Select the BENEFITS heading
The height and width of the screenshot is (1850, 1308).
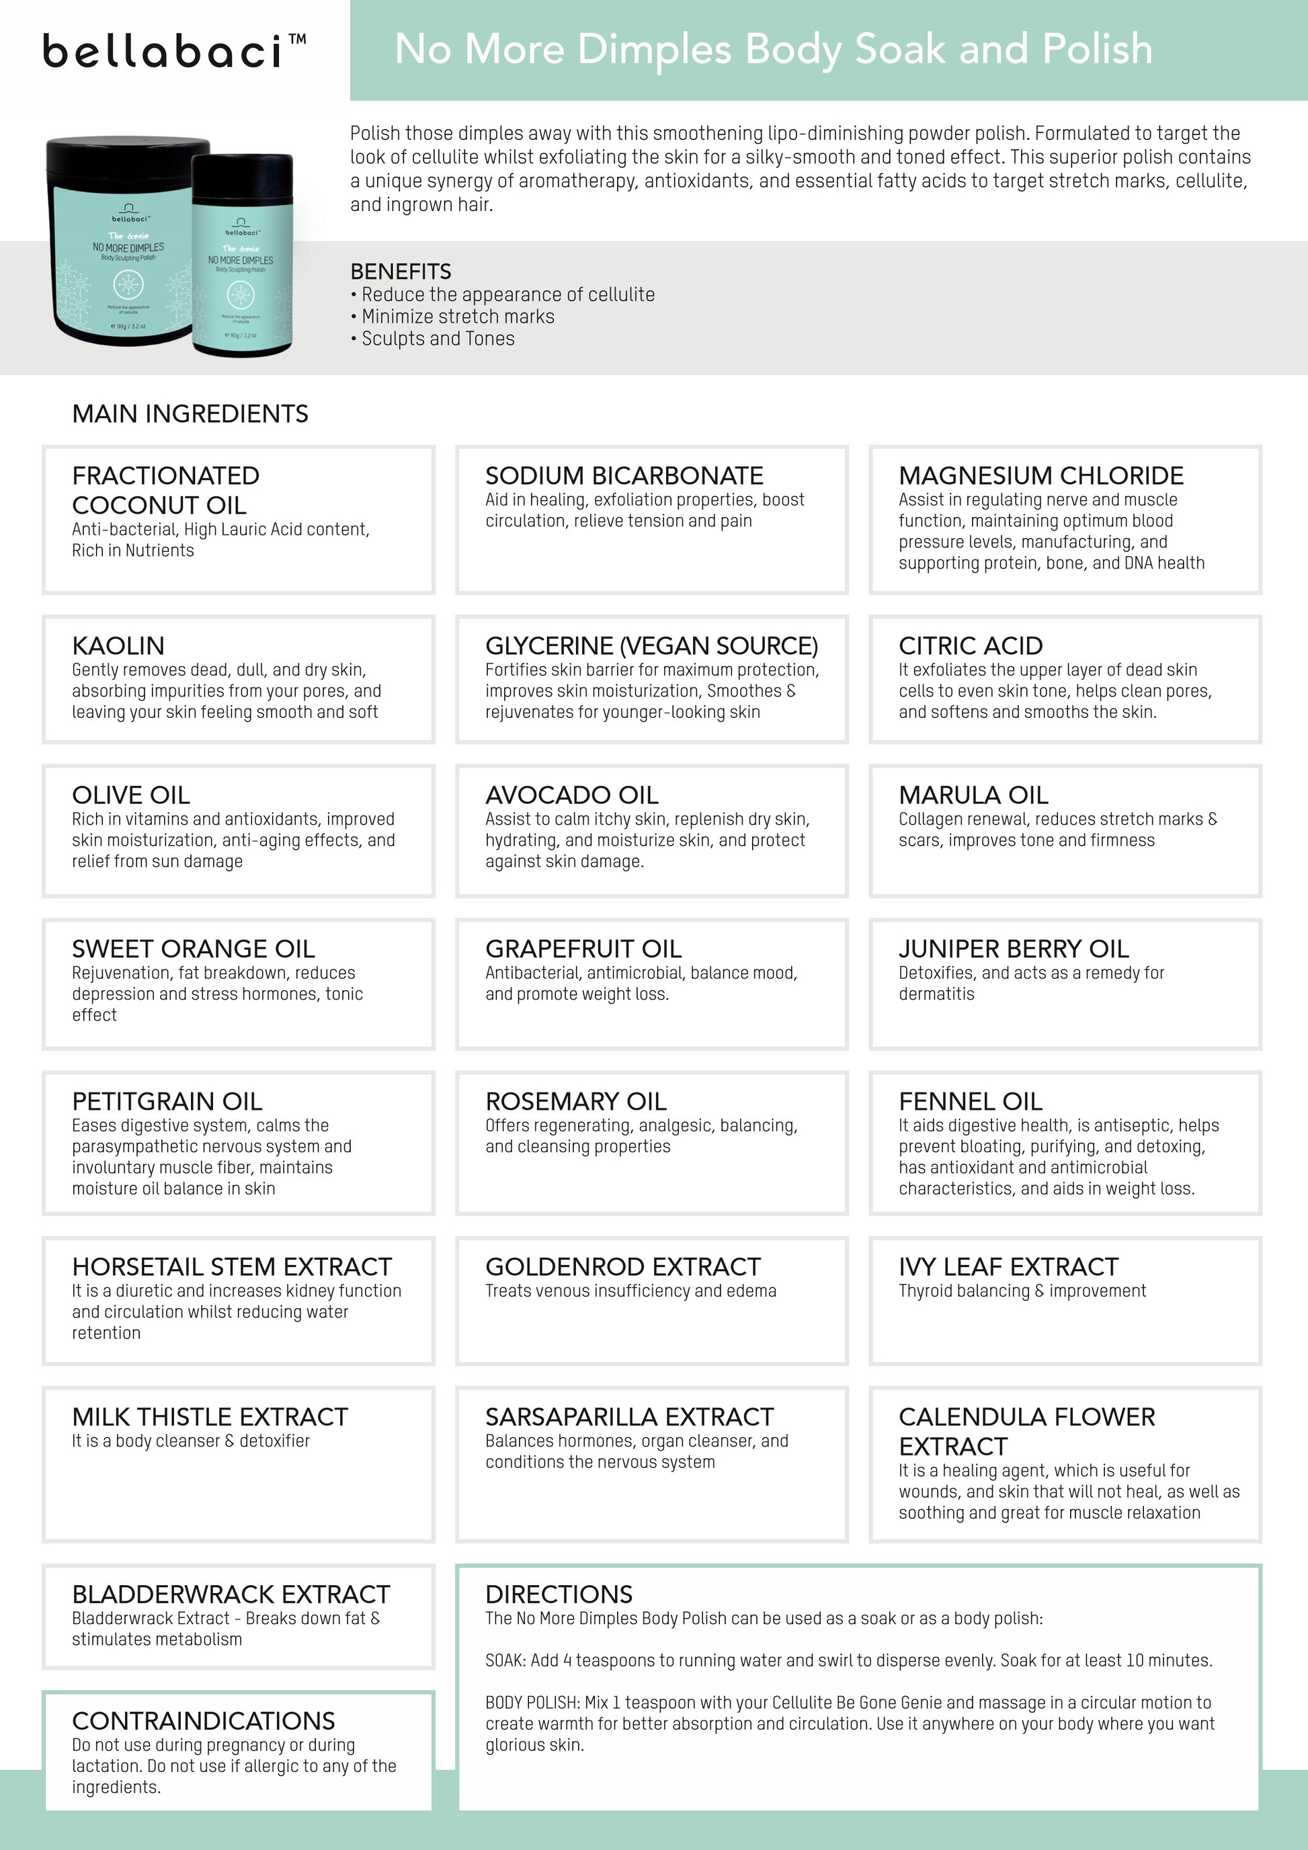[x=401, y=272]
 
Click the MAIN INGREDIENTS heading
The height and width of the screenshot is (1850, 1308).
[x=190, y=414]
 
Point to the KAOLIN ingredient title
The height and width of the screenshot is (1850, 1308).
[x=118, y=645]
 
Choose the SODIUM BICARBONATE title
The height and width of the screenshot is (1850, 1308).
[x=624, y=475]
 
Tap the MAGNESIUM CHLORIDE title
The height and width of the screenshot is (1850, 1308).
[x=1040, y=475]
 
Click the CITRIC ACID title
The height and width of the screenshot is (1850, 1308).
[x=971, y=645]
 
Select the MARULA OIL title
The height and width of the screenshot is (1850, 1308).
[x=973, y=795]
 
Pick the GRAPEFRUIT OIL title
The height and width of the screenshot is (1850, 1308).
[x=583, y=949]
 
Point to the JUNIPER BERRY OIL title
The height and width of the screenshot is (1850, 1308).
[x=1013, y=949]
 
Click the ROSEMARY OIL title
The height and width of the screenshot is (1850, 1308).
[x=576, y=1101]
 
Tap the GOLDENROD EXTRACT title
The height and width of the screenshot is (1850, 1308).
[x=622, y=1266]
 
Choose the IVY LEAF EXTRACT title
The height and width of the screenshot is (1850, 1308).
[x=1008, y=1266]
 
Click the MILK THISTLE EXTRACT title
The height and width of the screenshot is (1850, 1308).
[x=210, y=1416]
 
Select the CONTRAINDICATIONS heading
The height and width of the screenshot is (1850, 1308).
[x=203, y=1721]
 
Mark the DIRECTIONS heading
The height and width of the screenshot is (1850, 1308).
[x=559, y=1595]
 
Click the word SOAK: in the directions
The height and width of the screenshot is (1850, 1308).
[x=505, y=1660]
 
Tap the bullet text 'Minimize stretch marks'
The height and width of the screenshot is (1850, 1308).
[x=458, y=317]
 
